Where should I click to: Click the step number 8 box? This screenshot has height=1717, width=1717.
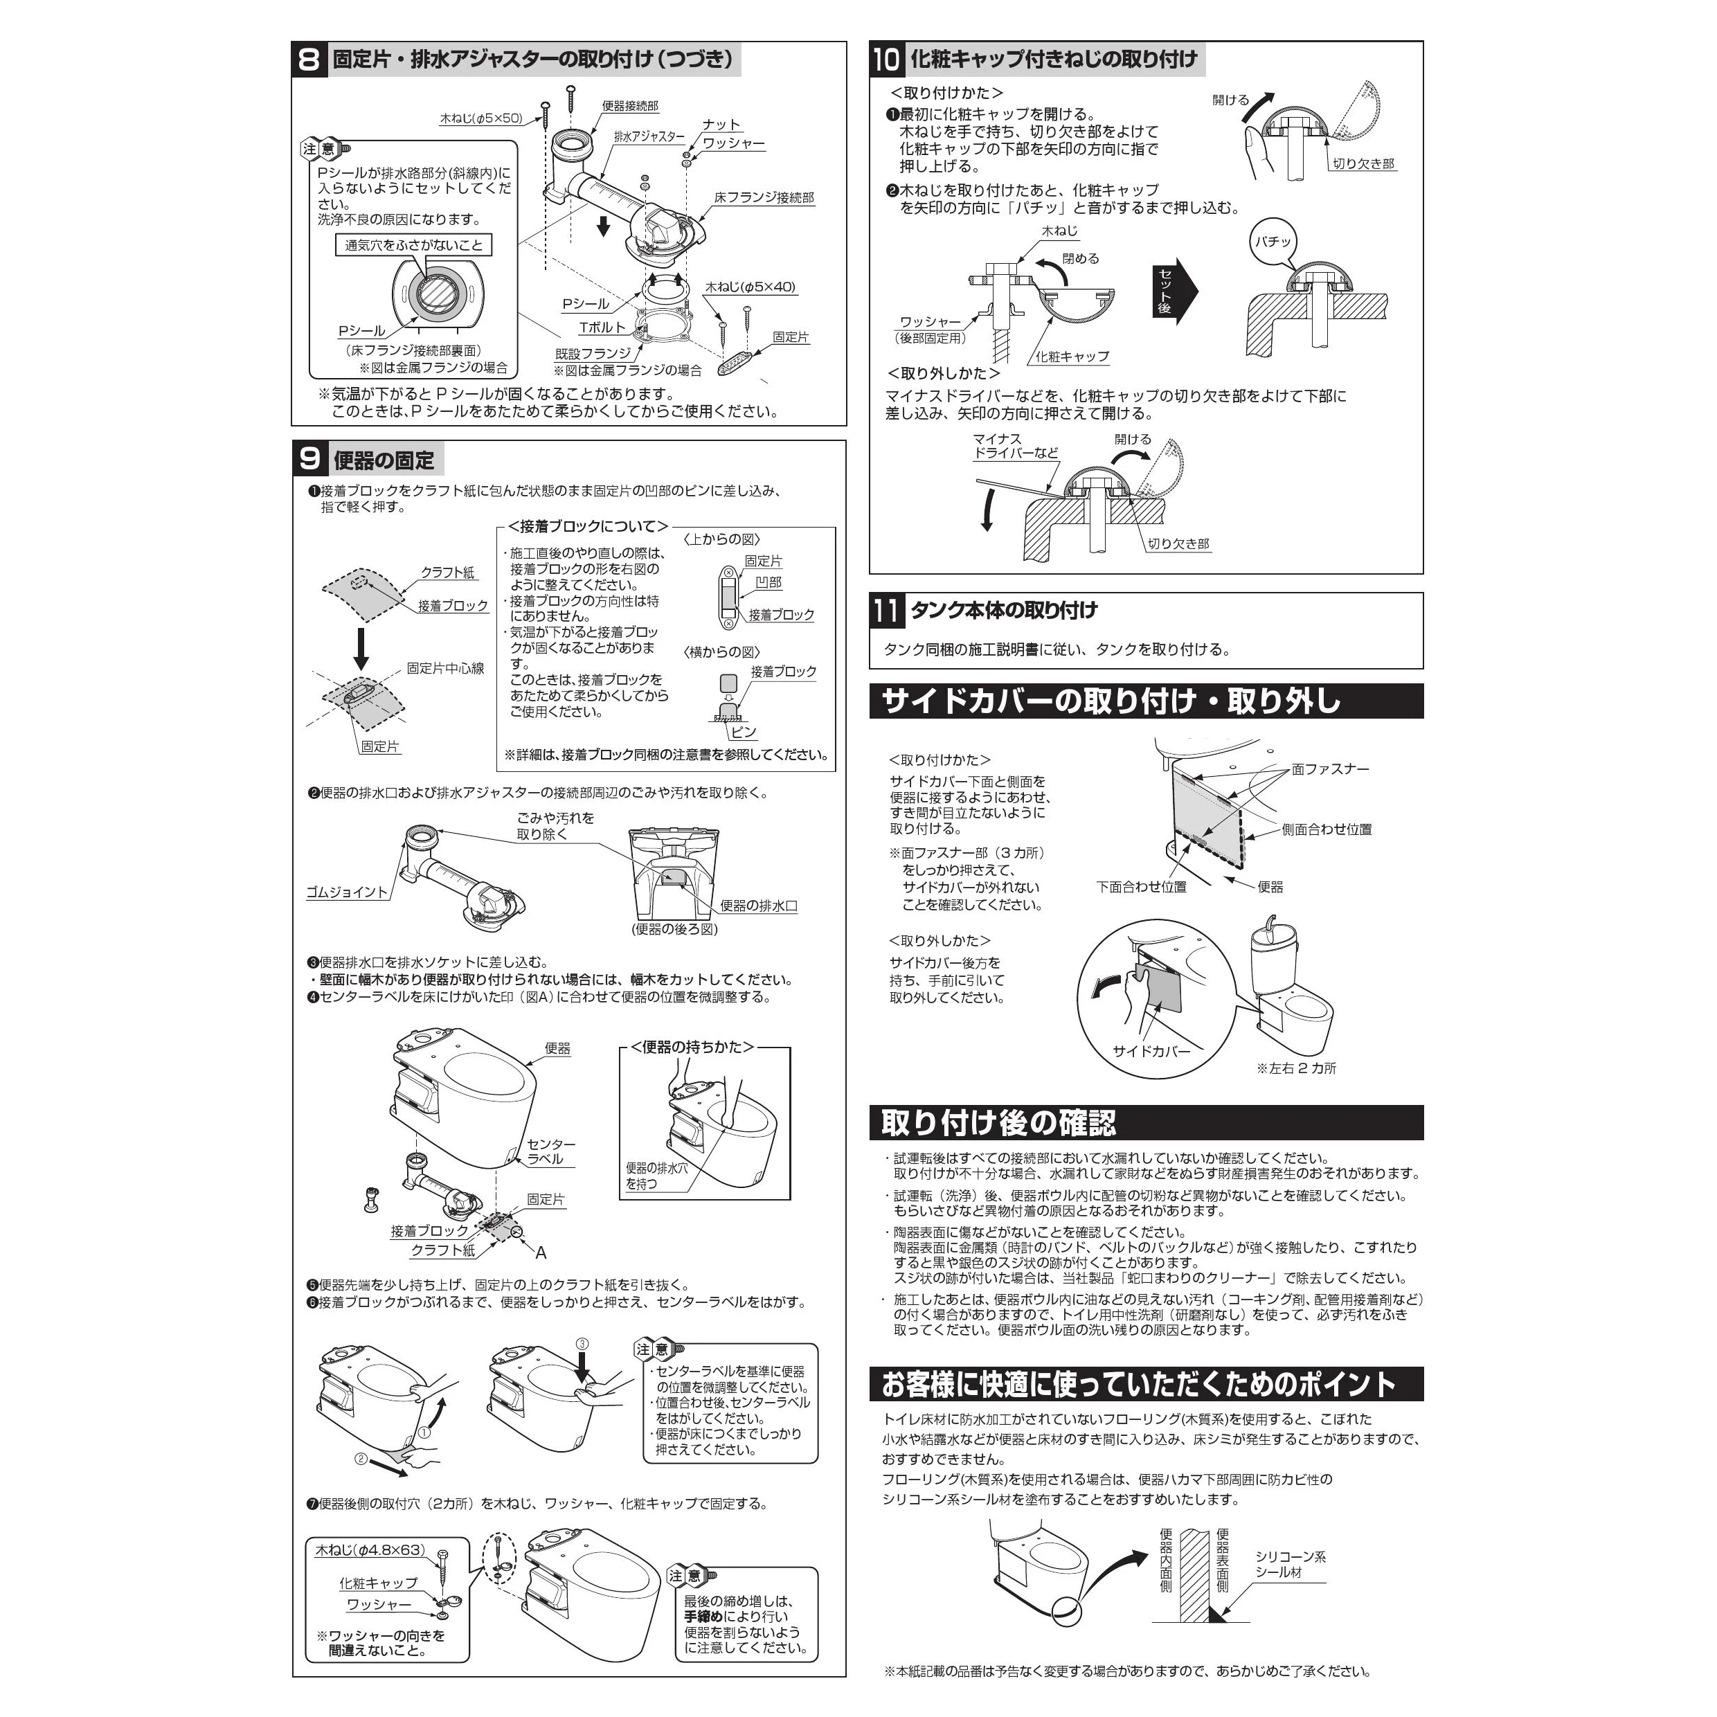(309, 60)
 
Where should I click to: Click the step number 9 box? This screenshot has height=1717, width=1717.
(310, 460)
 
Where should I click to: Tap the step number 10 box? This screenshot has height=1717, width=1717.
(887, 60)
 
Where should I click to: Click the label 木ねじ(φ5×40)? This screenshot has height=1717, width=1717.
(750, 287)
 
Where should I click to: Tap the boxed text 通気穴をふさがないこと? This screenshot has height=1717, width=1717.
(413, 245)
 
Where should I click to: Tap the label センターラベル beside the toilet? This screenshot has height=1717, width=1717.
(551, 1152)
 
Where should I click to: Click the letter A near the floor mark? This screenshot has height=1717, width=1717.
(540, 1253)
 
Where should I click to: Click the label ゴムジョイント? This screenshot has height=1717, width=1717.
(347, 892)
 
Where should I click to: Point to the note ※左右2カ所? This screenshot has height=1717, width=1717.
(1296, 1068)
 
